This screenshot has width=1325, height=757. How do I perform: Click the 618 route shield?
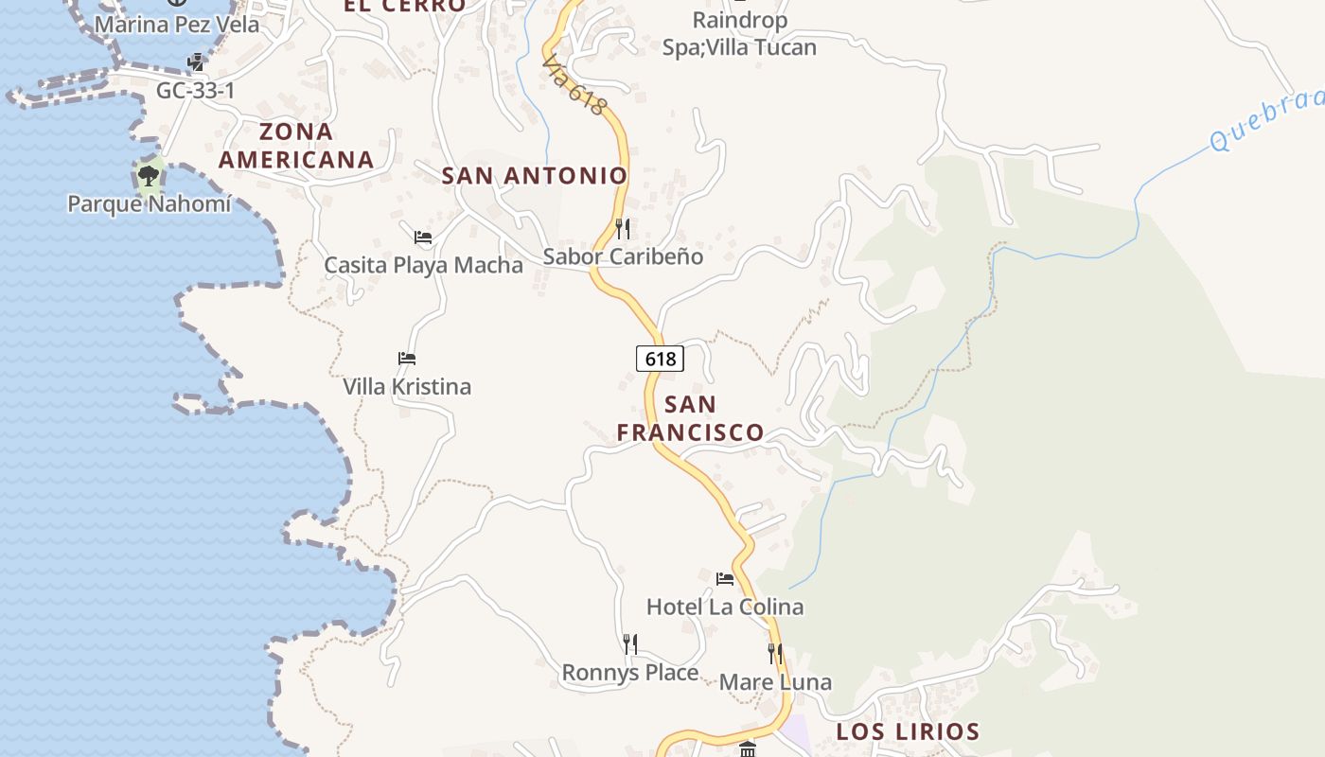[660, 359]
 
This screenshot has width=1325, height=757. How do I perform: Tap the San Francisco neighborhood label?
[690, 418]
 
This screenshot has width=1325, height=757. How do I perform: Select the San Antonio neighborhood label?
[535, 175]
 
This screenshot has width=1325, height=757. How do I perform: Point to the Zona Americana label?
[296, 145]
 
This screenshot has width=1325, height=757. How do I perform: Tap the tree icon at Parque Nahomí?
[148, 175]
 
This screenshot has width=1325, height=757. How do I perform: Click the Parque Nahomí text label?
[149, 203]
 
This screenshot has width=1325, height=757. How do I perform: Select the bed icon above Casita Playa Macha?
[423, 237]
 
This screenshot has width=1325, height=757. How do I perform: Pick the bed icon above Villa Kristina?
[407, 358]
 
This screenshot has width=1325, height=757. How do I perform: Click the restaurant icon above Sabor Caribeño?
[622, 228]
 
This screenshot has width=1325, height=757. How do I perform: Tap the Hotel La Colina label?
[725, 607]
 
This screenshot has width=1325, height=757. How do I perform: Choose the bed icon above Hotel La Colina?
[725, 578]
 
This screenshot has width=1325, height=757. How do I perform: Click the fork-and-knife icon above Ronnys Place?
[630, 644]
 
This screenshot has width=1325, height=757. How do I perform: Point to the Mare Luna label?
[775, 682]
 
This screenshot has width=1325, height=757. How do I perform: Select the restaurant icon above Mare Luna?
[775, 653]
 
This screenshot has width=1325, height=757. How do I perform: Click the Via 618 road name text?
[574, 83]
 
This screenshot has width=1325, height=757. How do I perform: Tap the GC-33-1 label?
[196, 91]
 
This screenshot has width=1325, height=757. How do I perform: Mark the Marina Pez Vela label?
[177, 25]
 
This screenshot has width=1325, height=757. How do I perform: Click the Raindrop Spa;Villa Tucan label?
[739, 33]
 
